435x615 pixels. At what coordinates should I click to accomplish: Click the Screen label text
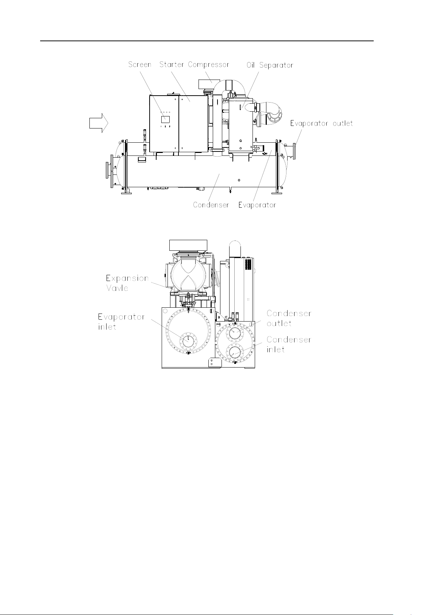tap(140, 65)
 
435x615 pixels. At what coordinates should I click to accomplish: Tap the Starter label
tap(172, 65)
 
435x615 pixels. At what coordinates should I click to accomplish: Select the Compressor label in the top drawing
tap(208, 65)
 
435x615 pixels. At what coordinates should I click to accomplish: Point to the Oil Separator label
tap(270, 65)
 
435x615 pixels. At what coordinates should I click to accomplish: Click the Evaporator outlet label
tap(322, 124)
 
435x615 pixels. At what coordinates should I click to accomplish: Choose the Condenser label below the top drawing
tap(211, 205)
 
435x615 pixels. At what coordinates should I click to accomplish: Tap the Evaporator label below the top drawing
tap(257, 205)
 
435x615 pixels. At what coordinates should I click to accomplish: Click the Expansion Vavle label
tap(127, 283)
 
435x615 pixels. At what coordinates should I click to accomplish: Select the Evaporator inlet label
tap(121, 322)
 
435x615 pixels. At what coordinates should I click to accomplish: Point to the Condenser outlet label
tap(289, 318)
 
